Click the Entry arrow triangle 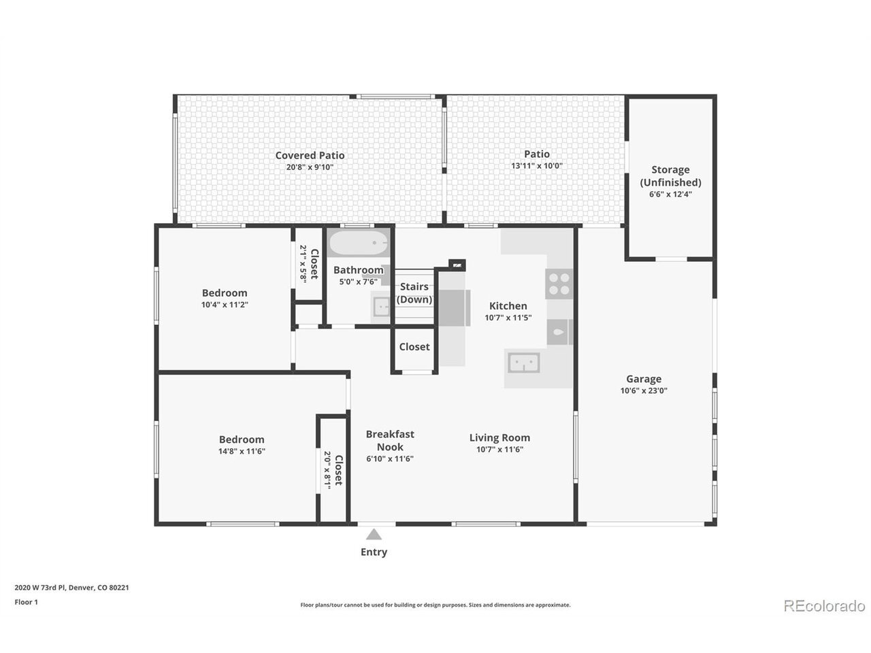pyautogui.click(x=374, y=535)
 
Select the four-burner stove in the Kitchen pyautogui.click(x=559, y=284)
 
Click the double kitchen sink pyautogui.click(x=524, y=363)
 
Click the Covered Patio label pyautogui.click(x=310, y=155)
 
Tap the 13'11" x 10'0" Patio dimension pyautogui.click(x=536, y=166)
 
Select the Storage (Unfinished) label pyautogui.click(x=670, y=175)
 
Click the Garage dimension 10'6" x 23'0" pyautogui.click(x=644, y=390)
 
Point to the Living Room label pyautogui.click(x=499, y=437)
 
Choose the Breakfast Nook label pyautogui.click(x=390, y=441)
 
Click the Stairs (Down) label pyautogui.click(x=414, y=293)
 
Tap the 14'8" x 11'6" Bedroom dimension pyautogui.click(x=242, y=451)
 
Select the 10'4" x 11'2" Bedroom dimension pyautogui.click(x=225, y=305)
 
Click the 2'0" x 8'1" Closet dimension pyautogui.click(x=327, y=470)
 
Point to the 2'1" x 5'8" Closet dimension pyautogui.click(x=303, y=264)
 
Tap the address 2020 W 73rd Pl pyautogui.click(x=39, y=588)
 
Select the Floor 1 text pyautogui.click(x=26, y=602)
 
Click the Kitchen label pyautogui.click(x=508, y=305)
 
